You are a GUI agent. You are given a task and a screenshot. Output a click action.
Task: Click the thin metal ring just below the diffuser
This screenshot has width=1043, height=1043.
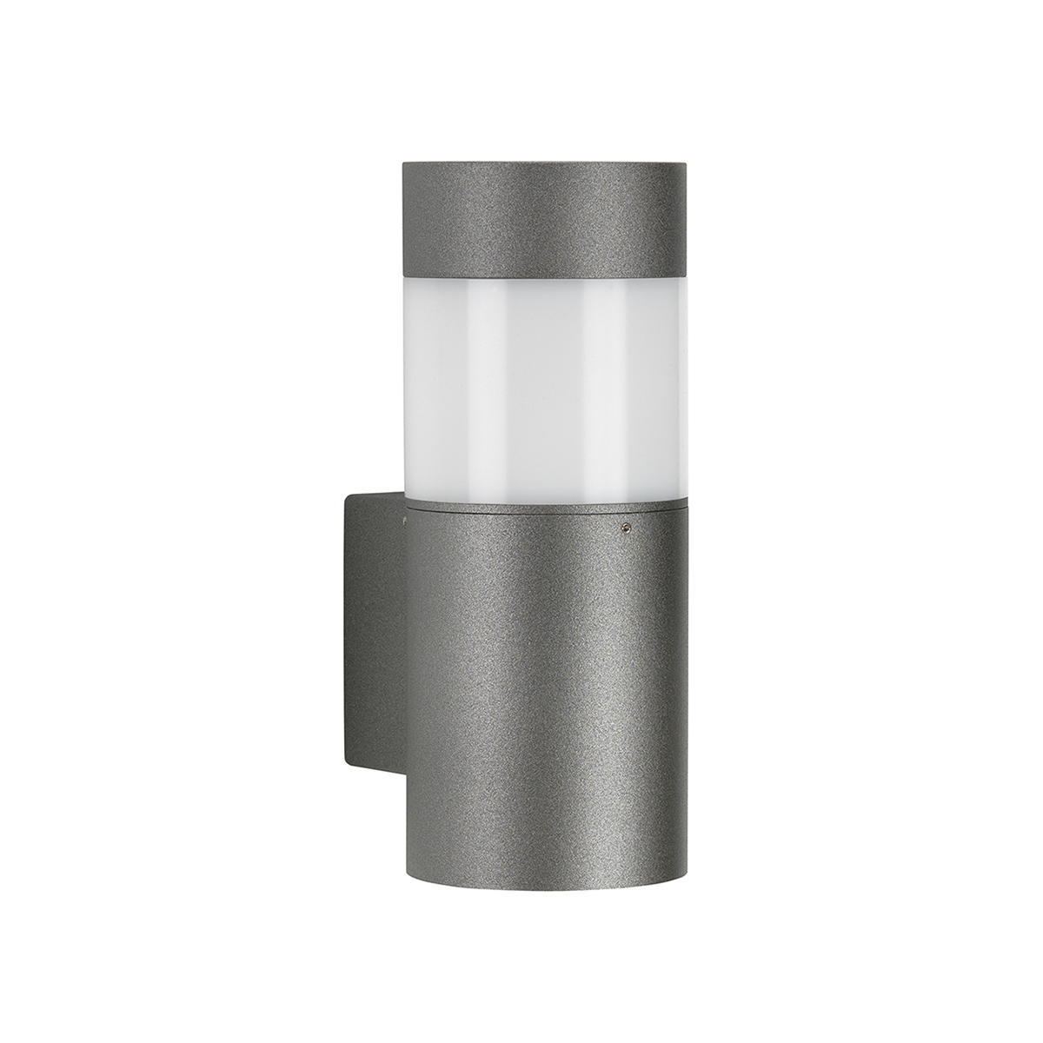click(539, 504)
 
